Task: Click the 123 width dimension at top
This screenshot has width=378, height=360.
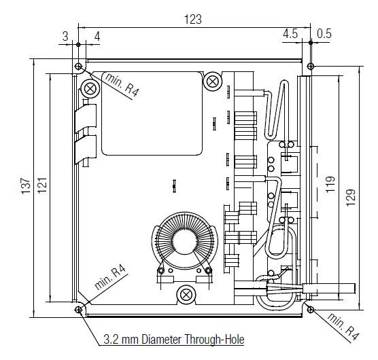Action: tap(194, 20)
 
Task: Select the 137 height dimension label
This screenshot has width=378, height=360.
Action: tap(25, 185)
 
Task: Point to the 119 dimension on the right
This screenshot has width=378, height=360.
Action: tap(331, 185)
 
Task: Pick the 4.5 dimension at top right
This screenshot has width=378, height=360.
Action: tap(290, 33)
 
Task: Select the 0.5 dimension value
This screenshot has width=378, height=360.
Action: tap(324, 33)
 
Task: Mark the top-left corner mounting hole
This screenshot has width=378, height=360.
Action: tap(79, 67)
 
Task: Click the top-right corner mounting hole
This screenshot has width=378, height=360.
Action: tap(311, 67)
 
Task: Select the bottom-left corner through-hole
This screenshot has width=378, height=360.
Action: tap(79, 310)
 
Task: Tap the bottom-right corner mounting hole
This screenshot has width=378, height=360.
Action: tap(311, 310)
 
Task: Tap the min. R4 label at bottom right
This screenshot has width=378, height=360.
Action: tap(341, 326)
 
